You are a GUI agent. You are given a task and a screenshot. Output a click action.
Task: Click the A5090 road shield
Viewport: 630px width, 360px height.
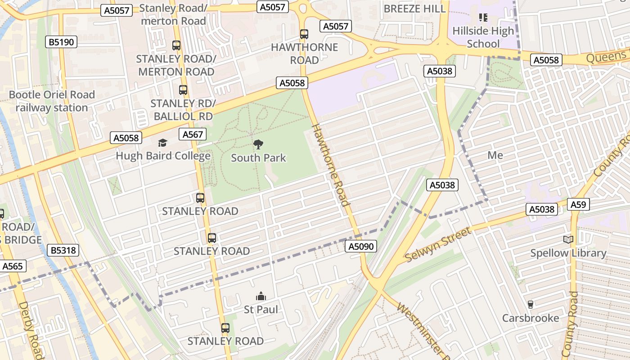pos(361,246)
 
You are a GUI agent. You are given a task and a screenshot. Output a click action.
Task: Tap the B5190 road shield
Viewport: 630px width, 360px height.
pos(62,42)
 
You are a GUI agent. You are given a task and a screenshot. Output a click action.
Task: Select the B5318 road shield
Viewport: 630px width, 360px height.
pos(63,251)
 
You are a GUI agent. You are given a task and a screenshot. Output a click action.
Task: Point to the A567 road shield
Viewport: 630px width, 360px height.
pos(193,134)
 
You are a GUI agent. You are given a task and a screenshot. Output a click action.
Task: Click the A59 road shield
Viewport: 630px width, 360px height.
pos(578,205)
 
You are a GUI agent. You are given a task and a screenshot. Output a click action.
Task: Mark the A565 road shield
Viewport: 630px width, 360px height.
pos(12,266)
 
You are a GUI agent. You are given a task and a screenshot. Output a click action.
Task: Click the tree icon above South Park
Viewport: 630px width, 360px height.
pos(258,144)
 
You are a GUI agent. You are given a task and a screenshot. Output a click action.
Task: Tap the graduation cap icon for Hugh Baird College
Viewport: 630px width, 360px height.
pos(162,143)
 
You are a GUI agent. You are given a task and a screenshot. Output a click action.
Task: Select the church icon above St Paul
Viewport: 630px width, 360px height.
pos(261,296)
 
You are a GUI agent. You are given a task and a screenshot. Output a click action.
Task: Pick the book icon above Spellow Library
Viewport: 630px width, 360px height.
pos(568,240)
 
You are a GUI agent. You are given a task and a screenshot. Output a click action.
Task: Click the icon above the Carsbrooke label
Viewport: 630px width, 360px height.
pos(530,305)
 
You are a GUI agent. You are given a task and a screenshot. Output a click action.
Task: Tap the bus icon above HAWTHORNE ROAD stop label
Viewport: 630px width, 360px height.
pos(304,34)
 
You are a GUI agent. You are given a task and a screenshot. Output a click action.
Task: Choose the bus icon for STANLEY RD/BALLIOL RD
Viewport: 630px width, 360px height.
pos(183,90)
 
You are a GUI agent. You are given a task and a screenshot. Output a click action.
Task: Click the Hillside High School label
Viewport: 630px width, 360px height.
pos(483,37)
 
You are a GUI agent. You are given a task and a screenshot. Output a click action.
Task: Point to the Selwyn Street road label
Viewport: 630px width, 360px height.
pos(438,245)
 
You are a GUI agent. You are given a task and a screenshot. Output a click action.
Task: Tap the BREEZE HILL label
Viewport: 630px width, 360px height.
pos(414,9)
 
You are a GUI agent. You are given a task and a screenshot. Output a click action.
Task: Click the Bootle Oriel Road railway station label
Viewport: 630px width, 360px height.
pos(52,101)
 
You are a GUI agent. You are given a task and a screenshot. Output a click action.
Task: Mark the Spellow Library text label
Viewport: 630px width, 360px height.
pos(568,253)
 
